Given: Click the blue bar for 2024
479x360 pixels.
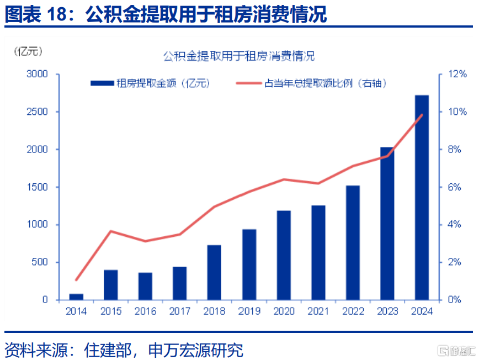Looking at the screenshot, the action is [422, 198].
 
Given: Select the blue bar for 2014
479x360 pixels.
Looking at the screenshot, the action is [76, 297].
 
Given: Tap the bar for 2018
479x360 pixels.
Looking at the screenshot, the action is [214, 272].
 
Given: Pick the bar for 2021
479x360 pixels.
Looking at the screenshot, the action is [318, 252].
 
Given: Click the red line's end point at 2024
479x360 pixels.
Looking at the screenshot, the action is [422, 115].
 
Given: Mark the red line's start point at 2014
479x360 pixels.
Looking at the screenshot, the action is [76, 279].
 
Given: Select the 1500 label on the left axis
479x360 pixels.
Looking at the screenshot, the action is [38, 187].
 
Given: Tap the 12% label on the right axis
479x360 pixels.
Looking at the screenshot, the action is [457, 74].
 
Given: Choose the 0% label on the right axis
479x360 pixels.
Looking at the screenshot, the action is [454, 299].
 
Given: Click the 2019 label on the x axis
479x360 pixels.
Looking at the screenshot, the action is [249, 311].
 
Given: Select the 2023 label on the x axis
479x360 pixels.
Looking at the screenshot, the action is [387, 311].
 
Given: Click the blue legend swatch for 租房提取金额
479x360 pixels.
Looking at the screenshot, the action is [102, 83].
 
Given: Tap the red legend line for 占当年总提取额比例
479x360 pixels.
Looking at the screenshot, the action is [249, 83].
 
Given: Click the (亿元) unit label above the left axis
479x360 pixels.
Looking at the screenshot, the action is [28, 51].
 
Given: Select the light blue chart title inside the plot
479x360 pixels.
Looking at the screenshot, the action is [239, 56].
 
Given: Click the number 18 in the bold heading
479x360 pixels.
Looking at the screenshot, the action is [57, 14].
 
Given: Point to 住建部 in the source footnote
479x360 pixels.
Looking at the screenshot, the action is [108, 350].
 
